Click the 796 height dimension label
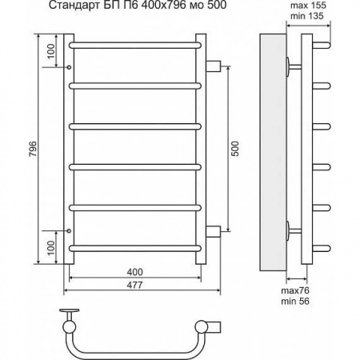33,149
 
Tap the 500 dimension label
235,149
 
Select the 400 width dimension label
134,272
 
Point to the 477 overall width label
134,285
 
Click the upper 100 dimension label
50,51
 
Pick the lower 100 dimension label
50,248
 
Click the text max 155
308,6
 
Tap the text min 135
307,16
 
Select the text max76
295,290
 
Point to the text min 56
295,302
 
